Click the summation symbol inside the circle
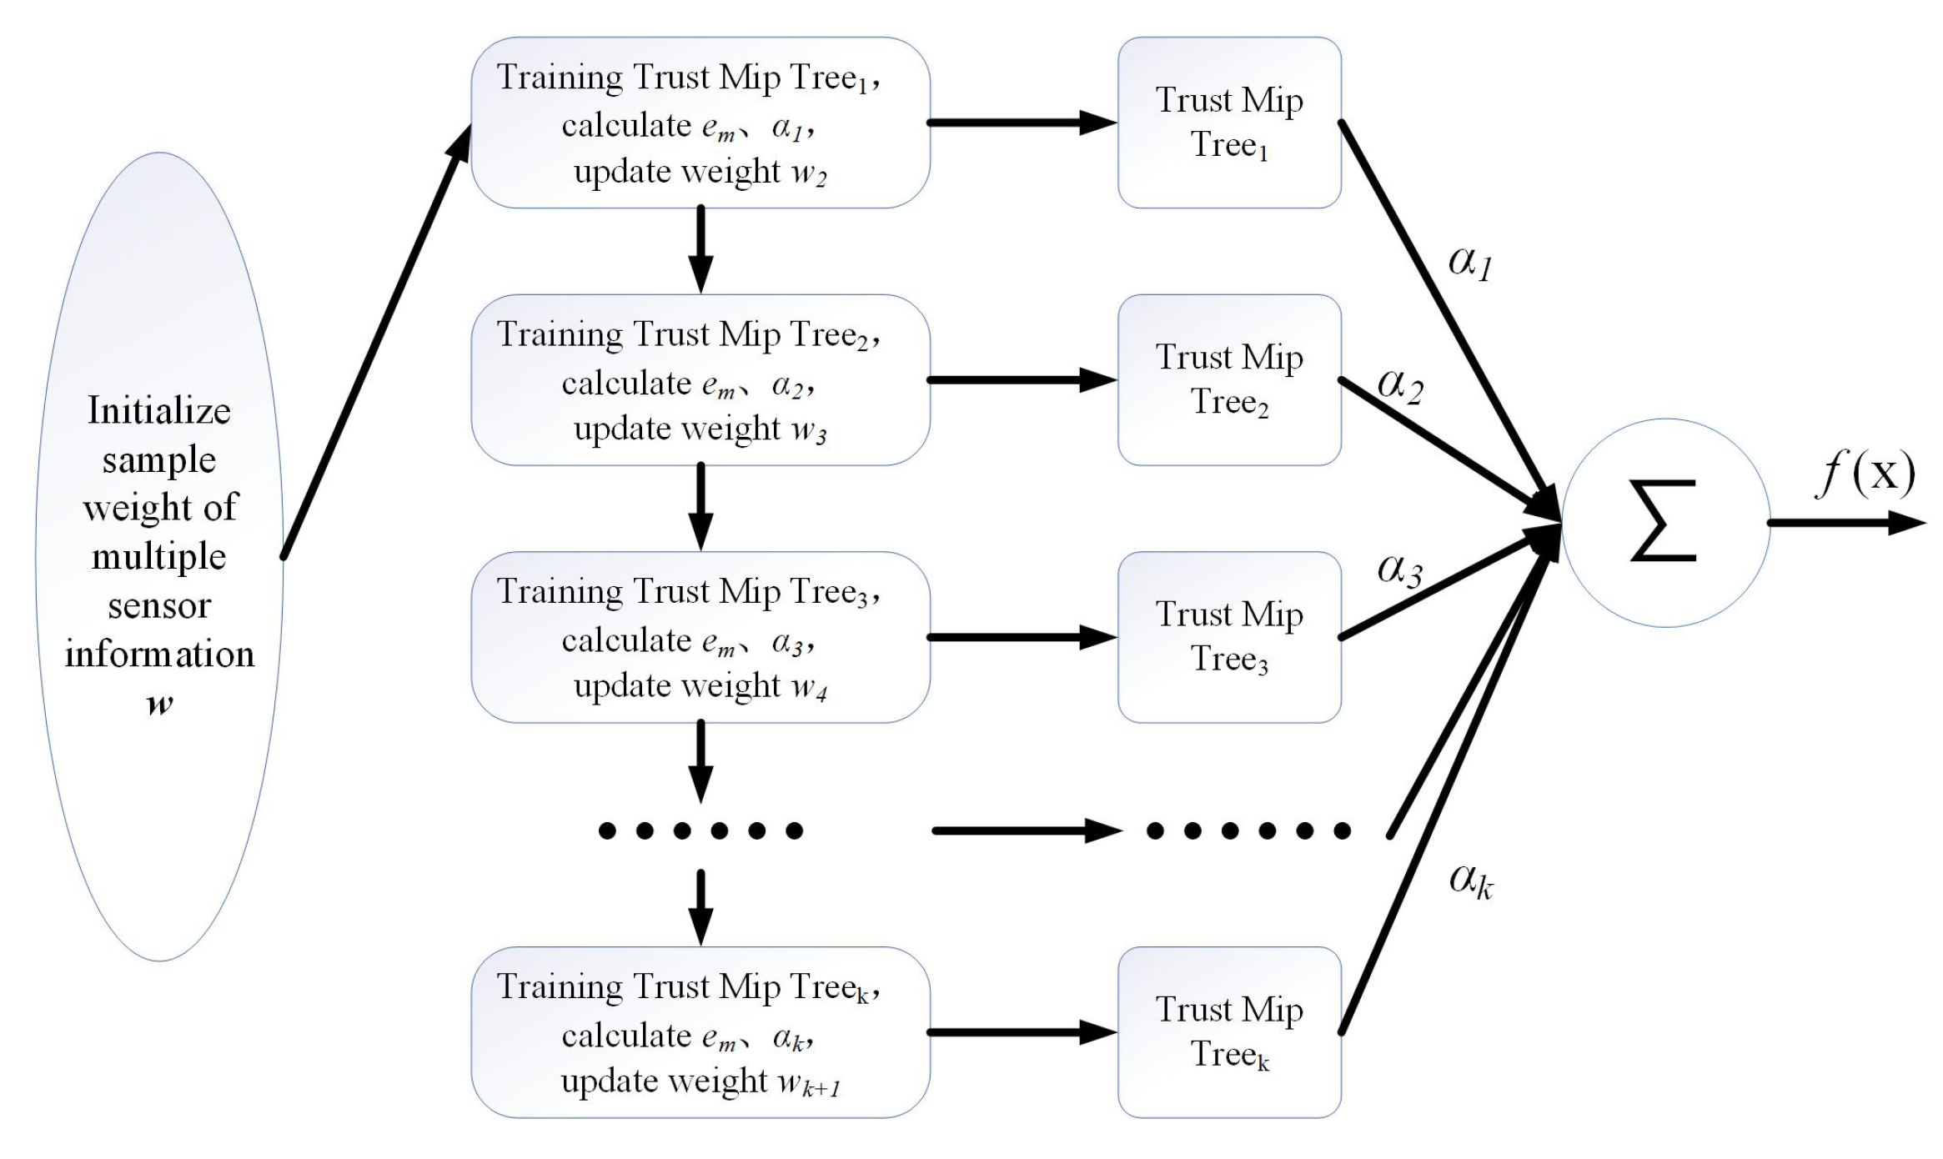[x=1664, y=521]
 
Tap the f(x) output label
[x=1866, y=473]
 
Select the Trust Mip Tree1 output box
[x=1229, y=123]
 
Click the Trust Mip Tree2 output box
[x=1229, y=379]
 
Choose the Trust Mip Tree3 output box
[x=1229, y=636]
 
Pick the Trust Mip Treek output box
[x=1229, y=1031]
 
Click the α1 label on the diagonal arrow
[x=1470, y=263]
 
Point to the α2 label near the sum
[x=1400, y=385]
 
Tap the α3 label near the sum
[x=1399, y=570]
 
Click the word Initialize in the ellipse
[x=159, y=410]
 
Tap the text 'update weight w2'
[x=700, y=172]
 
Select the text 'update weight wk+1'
[x=700, y=1081]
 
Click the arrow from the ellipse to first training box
[x=377, y=342]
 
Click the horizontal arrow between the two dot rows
[x=1026, y=830]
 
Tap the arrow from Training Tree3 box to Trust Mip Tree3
[x=1022, y=637]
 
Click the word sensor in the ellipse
[x=159, y=606]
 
